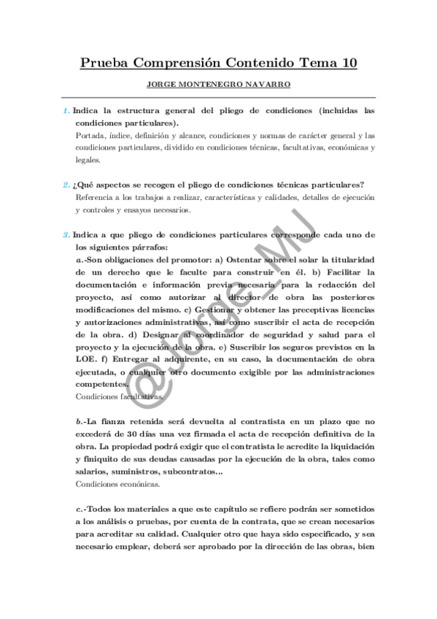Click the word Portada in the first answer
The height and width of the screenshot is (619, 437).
[90, 136]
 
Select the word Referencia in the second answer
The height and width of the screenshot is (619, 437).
[96, 198]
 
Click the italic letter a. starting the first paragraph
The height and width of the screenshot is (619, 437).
[79, 260]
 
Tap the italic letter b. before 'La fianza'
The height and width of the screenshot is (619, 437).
[79, 421]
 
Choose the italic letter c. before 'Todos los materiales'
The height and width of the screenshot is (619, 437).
[79, 508]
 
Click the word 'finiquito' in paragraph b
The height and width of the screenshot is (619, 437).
[96, 458]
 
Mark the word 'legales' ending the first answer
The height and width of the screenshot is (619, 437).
[88, 161]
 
